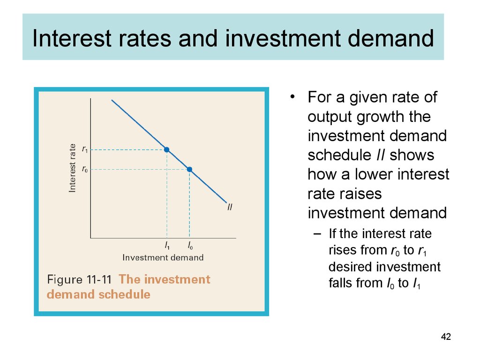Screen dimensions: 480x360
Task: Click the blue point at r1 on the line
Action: click(x=166, y=150)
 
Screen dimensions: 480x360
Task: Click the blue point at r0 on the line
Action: click(x=189, y=169)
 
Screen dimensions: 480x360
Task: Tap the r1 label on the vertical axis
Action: click(x=85, y=150)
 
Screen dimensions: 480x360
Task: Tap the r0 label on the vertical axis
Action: click(x=85, y=169)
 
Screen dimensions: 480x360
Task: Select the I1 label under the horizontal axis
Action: click(x=167, y=246)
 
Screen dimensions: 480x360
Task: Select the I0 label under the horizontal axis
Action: click(x=190, y=246)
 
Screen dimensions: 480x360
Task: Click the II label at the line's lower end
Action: click(x=230, y=207)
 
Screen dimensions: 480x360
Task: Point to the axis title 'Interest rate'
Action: click(x=72, y=168)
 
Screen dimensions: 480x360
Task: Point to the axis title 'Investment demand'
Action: click(x=163, y=257)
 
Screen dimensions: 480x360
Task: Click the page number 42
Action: click(x=446, y=337)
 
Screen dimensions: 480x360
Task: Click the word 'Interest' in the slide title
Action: click(x=72, y=38)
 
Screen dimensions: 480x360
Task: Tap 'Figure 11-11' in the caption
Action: click(x=79, y=279)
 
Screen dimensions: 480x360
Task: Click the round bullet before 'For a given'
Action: click(x=292, y=97)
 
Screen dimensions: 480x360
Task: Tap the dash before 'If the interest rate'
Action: click(x=317, y=234)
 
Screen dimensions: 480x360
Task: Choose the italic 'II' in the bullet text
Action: click(x=381, y=155)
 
